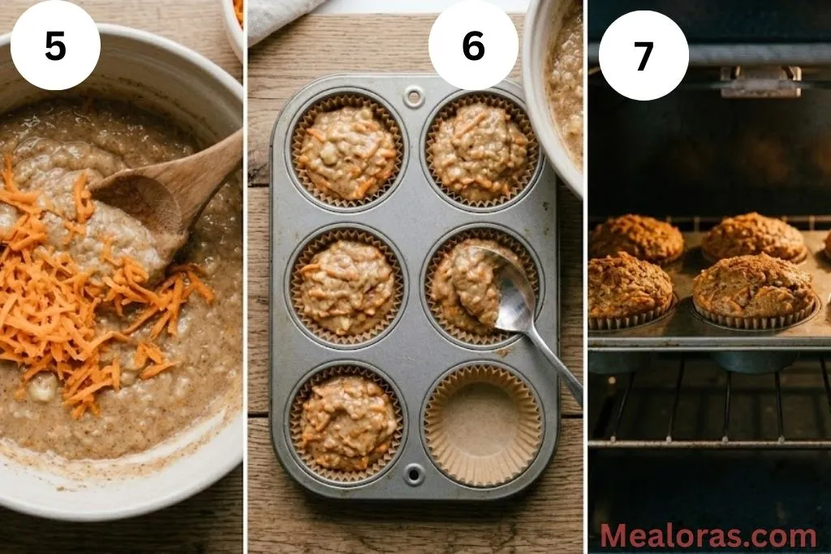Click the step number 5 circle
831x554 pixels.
tap(55, 46)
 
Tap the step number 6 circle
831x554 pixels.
tap(473, 46)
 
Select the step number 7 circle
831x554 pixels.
tap(644, 55)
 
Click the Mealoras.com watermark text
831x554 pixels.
tap(708, 536)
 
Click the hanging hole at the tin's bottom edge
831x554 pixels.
tap(415, 475)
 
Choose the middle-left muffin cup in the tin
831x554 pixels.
tap(347, 286)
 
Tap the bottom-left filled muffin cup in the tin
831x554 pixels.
tap(347, 422)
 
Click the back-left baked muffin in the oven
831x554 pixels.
tap(637, 237)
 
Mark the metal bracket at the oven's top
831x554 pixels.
tap(760, 81)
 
